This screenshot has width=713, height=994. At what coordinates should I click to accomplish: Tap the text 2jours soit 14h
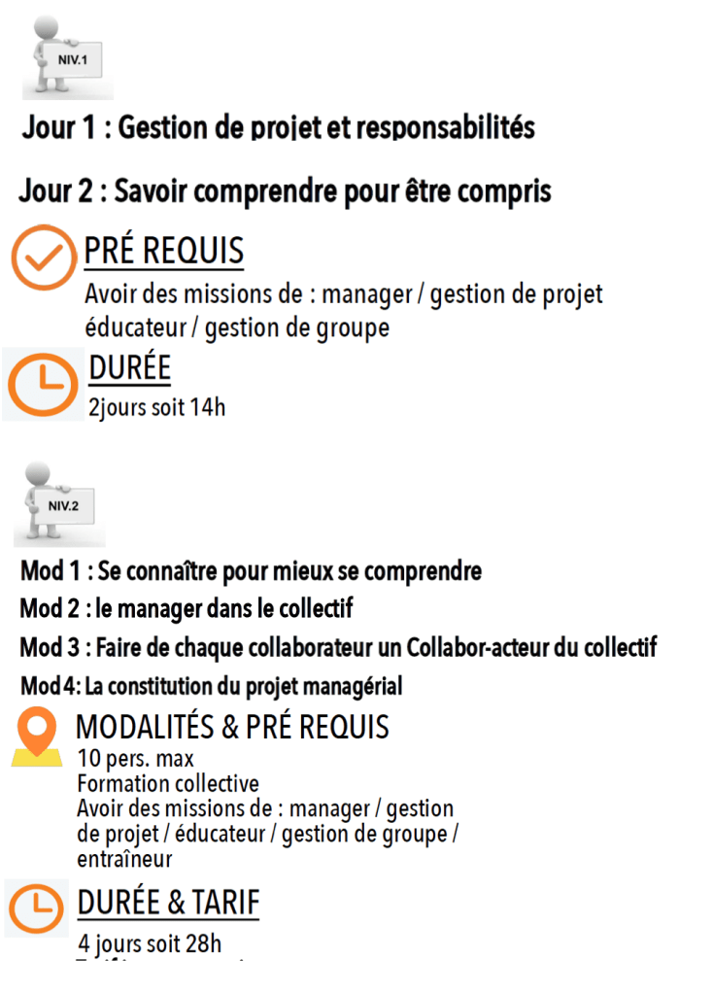click(156, 407)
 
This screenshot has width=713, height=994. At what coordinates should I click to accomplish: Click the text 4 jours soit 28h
click(149, 943)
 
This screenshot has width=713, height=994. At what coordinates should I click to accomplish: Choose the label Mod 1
click(47, 570)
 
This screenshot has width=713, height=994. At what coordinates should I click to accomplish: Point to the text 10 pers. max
click(135, 759)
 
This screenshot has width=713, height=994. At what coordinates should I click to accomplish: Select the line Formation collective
click(167, 783)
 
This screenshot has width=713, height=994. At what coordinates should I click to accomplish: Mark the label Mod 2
click(48, 609)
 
